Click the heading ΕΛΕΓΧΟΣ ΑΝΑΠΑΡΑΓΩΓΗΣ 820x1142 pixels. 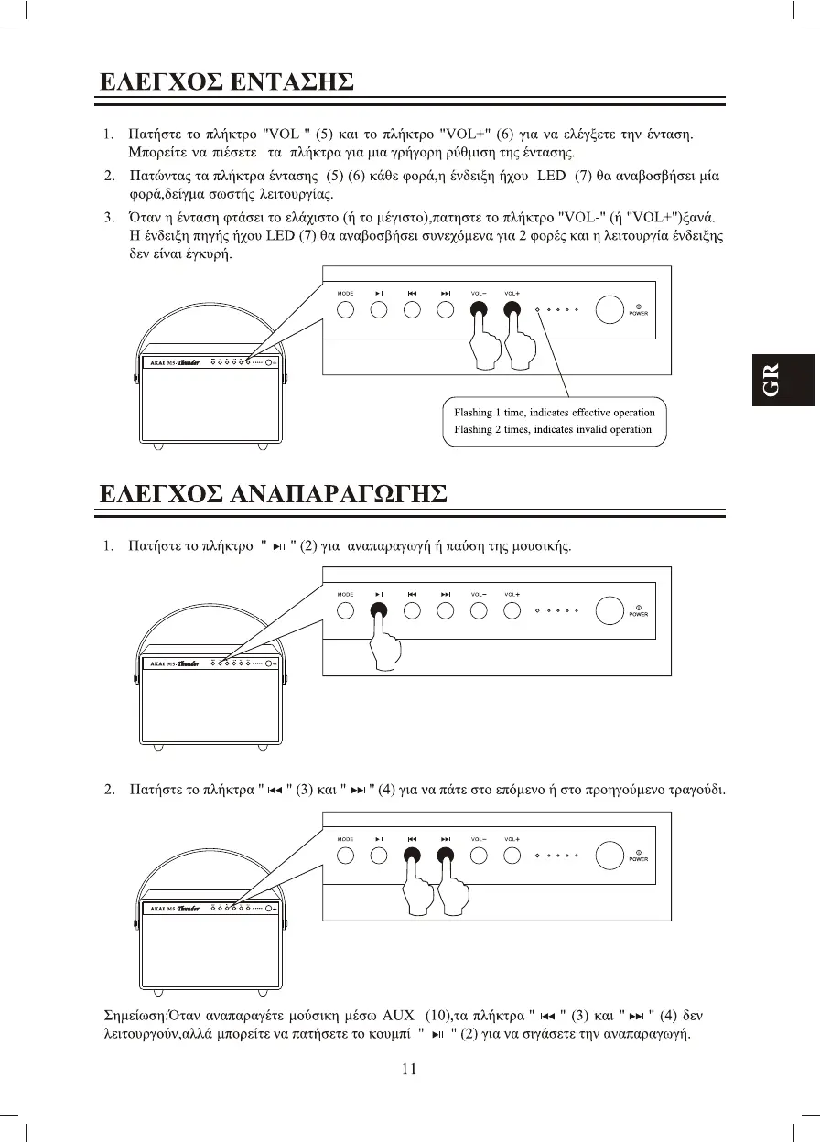click(273, 494)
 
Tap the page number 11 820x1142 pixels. click(409, 1068)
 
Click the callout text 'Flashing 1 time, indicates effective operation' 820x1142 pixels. click(554, 413)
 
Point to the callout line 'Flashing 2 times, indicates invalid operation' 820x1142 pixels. click(553, 429)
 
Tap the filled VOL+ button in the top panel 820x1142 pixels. click(512, 309)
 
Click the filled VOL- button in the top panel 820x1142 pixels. click(479, 309)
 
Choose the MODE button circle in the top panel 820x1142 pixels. click(345, 309)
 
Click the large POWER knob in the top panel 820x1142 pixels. click(609, 309)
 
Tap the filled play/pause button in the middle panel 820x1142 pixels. click(379, 611)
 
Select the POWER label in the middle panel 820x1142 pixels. click(638, 615)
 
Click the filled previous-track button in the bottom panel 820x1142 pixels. click(412, 856)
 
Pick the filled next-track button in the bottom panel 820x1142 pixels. click(446, 856)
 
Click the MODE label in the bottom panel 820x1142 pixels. click(345, 838)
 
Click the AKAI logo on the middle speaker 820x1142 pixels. click(156, 663)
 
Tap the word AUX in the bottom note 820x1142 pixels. click(398, 1016)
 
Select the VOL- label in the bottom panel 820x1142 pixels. click(479, 838)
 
